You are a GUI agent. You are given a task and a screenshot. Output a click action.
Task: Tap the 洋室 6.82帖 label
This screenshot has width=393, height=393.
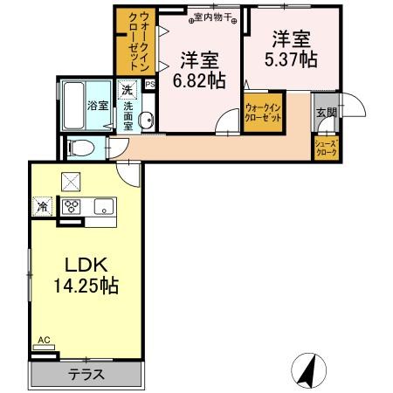200,69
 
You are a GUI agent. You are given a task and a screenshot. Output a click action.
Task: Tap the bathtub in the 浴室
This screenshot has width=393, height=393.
74,106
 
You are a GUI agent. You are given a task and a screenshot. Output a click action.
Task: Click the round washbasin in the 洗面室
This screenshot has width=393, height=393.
146,122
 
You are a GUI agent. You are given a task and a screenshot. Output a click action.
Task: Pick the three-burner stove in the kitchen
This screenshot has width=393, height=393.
69,207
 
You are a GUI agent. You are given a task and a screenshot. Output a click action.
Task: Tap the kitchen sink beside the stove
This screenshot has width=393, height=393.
103,207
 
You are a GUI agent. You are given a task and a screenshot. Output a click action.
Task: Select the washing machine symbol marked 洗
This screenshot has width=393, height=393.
127,90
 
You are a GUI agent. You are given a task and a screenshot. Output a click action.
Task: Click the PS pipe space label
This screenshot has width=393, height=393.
149,85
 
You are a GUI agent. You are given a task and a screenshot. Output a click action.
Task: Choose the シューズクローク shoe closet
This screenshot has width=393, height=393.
326,146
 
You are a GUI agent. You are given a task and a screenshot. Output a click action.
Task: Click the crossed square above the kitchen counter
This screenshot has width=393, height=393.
69,181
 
